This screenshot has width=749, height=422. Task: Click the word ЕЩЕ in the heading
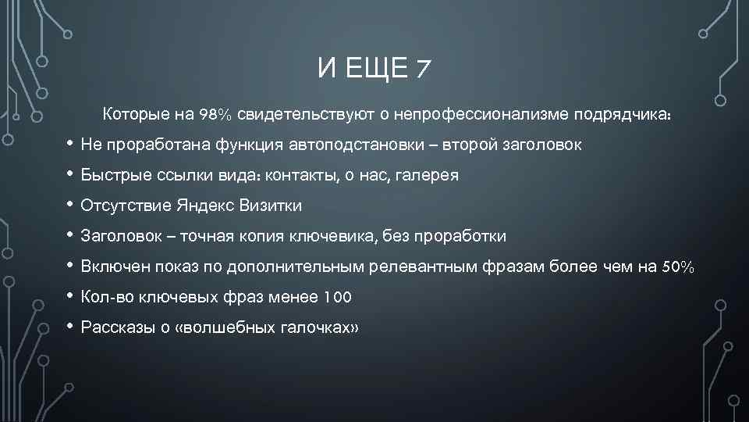(x=374, y=70)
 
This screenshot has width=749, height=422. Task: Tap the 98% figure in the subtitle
(x=215, y=116)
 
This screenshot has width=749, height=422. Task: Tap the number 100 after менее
(x=337, y=297)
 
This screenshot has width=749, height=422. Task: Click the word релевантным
(x=420, y=267)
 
